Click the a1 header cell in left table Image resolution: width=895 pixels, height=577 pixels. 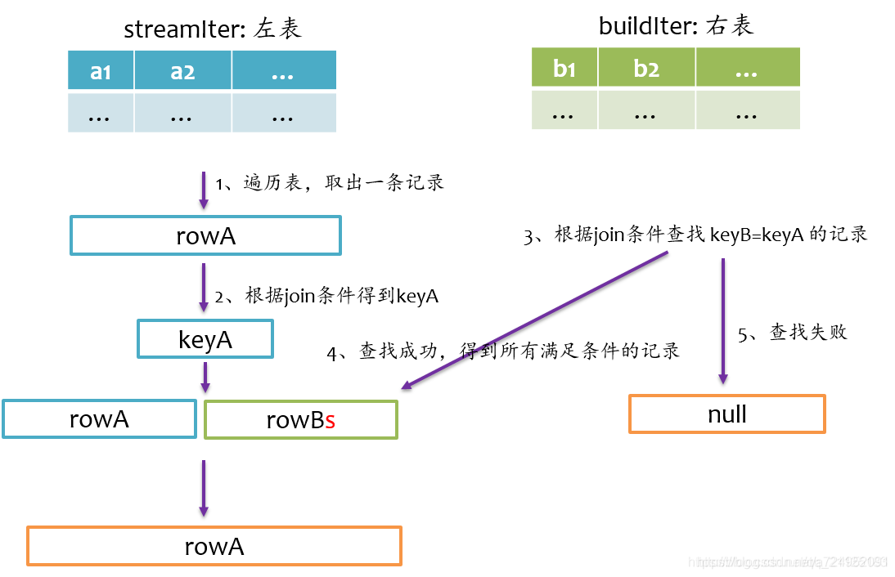[x=101, y=71]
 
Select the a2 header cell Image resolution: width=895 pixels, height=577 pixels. [x=182, y=71]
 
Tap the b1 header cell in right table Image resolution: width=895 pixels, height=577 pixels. [x=564, y=68]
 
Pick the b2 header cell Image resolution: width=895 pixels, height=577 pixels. [x=646, y=68]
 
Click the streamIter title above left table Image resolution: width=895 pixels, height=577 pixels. [x=213, y=29]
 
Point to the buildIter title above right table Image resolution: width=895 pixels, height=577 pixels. [x=676, y=26]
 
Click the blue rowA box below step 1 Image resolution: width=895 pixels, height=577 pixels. [x=205, y=235]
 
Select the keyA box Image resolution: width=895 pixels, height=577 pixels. [x=205, y=338]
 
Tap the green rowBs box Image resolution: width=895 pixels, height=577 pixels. [x=301, y=419]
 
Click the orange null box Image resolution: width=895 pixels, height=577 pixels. [x=726, y=414]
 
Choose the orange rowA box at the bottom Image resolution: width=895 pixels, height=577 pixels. [x=214, y=545]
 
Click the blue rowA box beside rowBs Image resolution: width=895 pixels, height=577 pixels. [x=99, y=418]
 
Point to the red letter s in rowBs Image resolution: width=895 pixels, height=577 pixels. [x=330, y=421]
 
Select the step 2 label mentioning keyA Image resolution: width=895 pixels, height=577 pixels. [x=326, y=296]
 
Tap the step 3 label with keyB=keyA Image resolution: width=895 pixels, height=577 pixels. [x=695, y=235]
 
